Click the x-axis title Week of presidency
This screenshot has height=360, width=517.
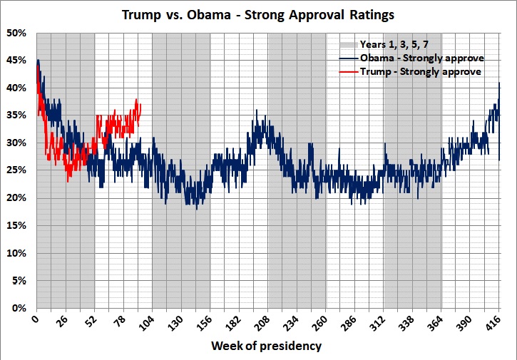(x=266, y=346)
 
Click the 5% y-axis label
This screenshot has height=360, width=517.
(x=19, y=281)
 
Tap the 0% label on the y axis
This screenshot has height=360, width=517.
(x=19, y=309)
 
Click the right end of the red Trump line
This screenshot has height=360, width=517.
(x=141, y=105)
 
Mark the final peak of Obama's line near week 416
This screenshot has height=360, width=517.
(x=499, y=83)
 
